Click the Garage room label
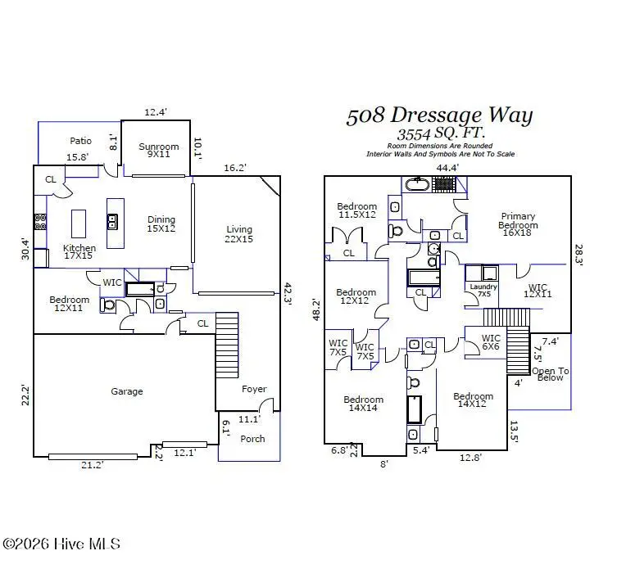(127, 391)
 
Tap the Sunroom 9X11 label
(158, 151)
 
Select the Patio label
(80, 141)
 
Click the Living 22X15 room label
(239, 235)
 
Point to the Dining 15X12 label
(161, 224)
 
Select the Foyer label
(254, 389)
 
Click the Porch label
(252, 439)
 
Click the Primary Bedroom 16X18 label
(518, 225)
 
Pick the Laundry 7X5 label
(483, 291)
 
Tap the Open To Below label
(550, 375)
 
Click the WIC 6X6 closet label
(491, 342)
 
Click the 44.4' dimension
(447, 168)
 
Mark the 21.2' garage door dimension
(92, 465)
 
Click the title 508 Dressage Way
(439, 116)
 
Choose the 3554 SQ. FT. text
(441, 134)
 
